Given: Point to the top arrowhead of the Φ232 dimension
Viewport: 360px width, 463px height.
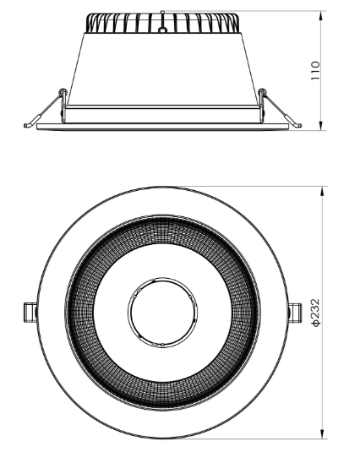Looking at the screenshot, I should (x=322, y=190).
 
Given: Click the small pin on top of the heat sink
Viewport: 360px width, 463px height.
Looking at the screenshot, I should (x=161, y=12).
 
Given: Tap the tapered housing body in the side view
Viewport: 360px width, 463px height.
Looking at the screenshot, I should (x=161, y=68).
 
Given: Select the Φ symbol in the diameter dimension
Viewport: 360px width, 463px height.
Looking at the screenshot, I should (x=315, y=324).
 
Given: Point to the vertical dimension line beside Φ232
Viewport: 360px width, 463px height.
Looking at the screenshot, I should (x=322, y=253).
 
